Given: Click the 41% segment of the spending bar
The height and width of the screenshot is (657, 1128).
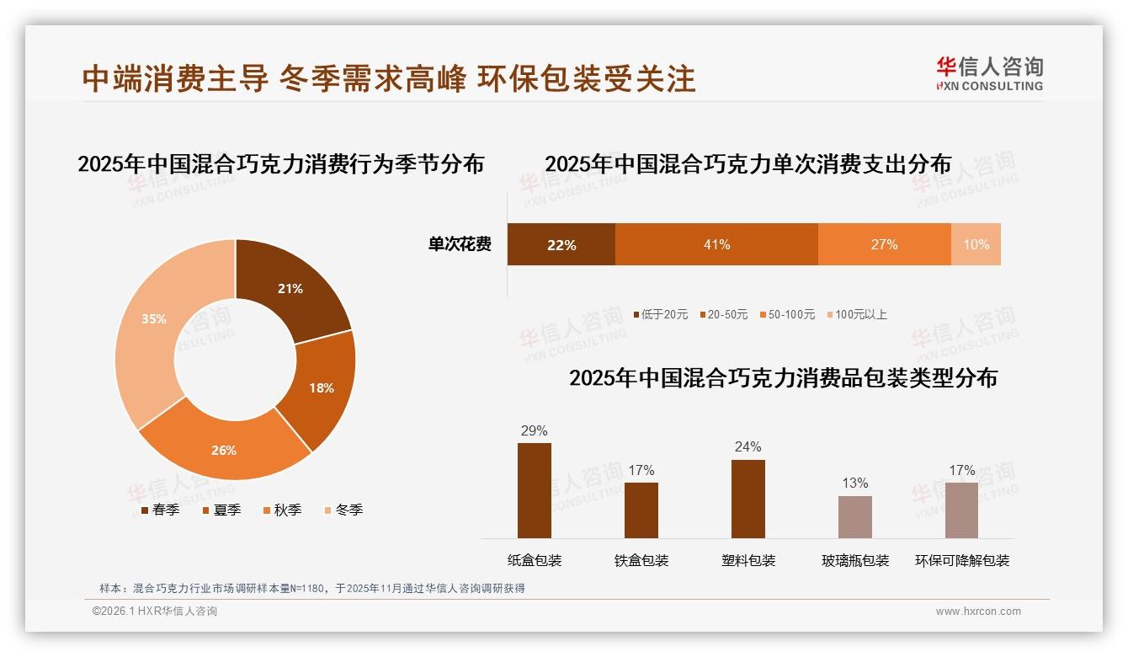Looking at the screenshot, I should [x=716, y=244].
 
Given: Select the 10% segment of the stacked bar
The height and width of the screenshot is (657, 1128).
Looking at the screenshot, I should [x=976, y=244].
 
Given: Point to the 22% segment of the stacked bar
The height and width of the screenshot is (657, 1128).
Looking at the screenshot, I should [x=561, y=244].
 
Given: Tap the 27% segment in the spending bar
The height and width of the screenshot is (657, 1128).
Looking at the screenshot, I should [x=884, y=244].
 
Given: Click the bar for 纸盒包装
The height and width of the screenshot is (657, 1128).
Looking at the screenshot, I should [x=535, y=490].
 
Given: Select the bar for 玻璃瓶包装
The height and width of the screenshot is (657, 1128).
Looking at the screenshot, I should [x=855, y=516].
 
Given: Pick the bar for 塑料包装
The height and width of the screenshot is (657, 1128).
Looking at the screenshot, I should [x=748, y=499].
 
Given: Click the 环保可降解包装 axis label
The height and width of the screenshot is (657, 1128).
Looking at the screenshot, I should [x=962, y=561].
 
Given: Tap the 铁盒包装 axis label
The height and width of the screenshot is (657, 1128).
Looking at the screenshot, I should [x=641, y=561].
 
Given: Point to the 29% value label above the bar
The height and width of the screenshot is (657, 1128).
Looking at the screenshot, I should [x=535, y=431].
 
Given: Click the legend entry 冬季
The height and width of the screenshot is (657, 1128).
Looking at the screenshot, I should [x=343, y=510].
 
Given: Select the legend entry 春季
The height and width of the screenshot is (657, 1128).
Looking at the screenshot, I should [x=160, y=510].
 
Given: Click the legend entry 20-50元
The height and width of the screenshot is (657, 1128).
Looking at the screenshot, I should [x=723, y=314].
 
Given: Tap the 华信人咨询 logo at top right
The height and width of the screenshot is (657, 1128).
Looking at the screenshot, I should [x=989, y=73].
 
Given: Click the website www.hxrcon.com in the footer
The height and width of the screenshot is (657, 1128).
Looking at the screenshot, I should [x=978, y=612].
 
